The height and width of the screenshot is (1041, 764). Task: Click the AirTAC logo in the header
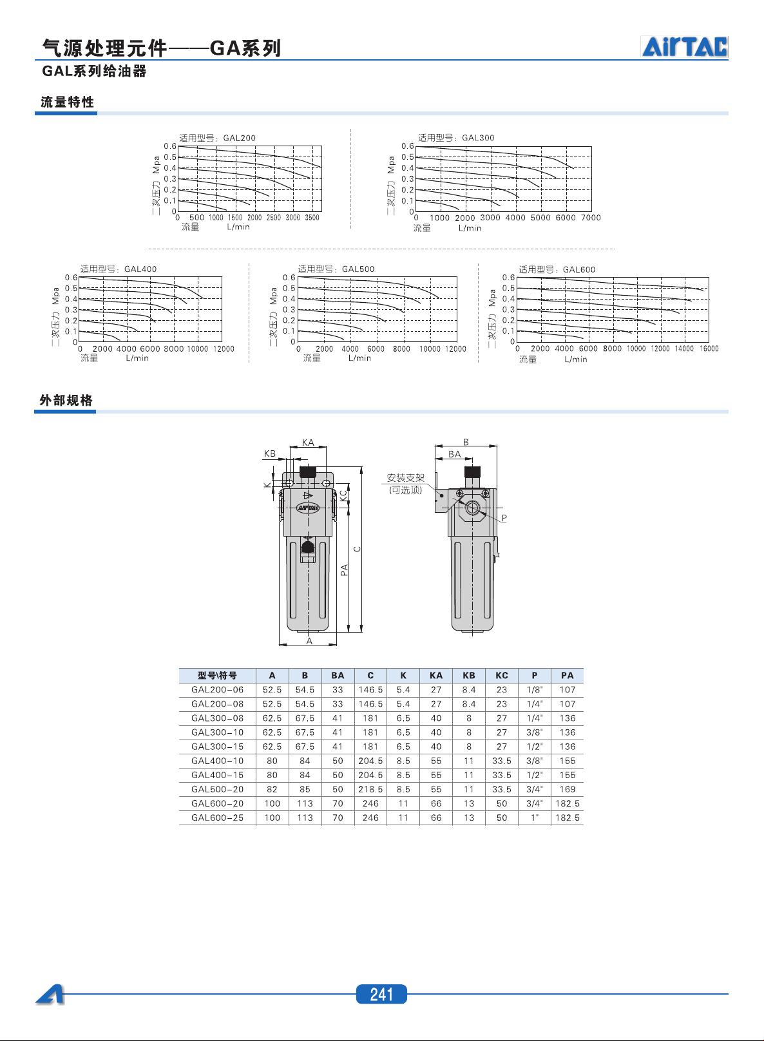point(685,46)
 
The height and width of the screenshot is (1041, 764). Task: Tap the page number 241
point(381,994)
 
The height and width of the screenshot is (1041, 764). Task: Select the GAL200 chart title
point(218,138)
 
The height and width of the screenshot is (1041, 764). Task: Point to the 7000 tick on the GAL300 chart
point(591,218)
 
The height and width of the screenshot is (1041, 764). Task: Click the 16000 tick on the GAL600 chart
point(709,349)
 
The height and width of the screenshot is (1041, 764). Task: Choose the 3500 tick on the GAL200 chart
point(312,218)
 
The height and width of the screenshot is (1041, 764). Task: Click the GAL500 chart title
point(336,269)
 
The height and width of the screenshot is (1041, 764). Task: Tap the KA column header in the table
point(436,675)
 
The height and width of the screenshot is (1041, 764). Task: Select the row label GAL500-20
point(218,789)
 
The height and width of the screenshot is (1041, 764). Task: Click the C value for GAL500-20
point(370,789)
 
